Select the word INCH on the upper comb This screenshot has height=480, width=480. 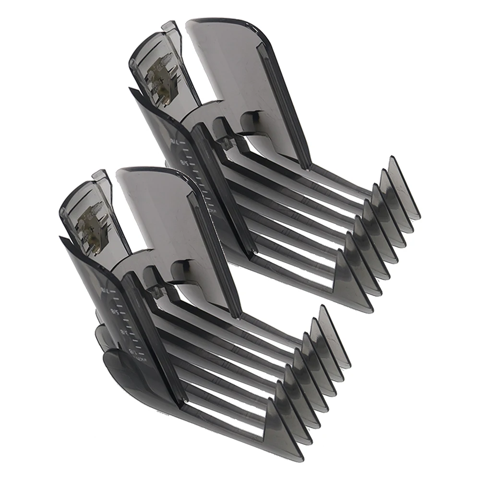pyautogui.click(x=206, y=211)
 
